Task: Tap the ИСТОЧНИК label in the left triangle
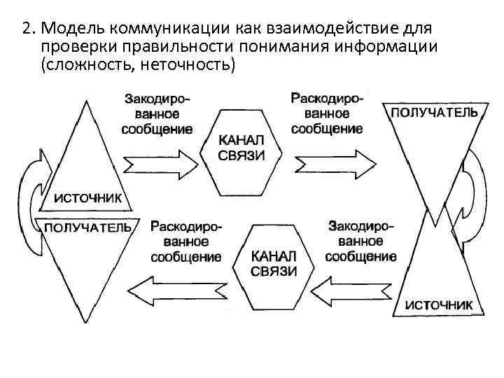click(x=88, y=198)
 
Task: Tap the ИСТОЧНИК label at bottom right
click(x=438, y=305)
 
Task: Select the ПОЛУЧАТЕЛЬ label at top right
click(x=434, y=112)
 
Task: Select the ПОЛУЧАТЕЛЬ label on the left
click(x=87, y=227)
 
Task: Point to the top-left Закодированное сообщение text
click(x=157, y=113)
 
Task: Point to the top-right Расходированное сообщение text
click(x=327, y=113)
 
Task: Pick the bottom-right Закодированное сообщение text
click(x=361, y=241)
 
